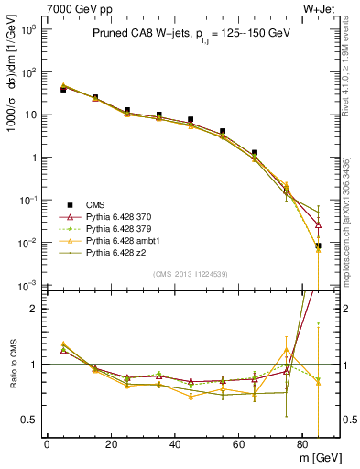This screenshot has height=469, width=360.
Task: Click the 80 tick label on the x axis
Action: pyautogui.click(x=303, y=445)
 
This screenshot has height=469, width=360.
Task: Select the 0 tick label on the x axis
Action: pyautogui.click(x=47, y=445)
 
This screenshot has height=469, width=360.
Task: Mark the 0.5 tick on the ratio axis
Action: pyautogui.click(x=29, y=420)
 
